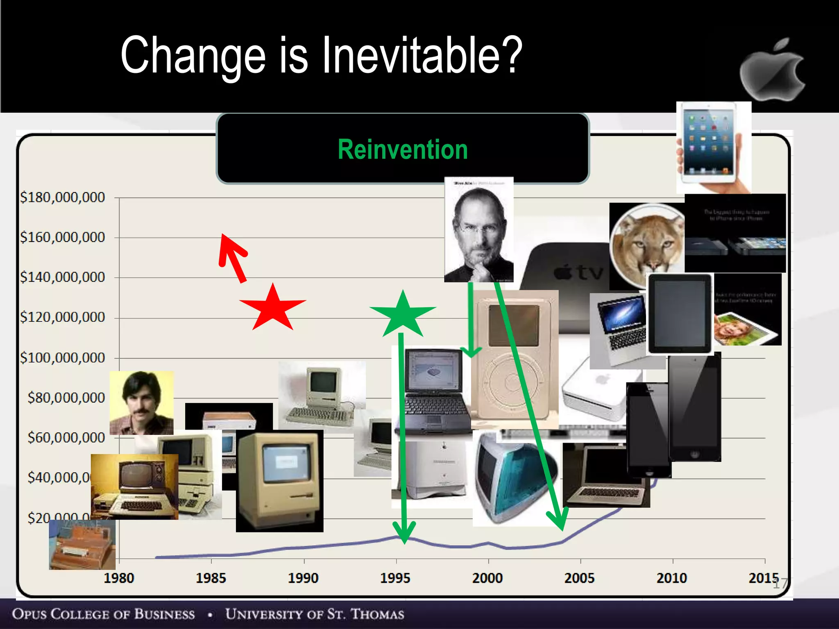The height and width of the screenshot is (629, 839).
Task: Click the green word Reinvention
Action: (403, 149)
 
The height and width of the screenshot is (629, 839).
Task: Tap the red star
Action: (272, 308)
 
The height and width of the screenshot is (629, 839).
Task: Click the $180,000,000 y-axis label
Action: (63, 197)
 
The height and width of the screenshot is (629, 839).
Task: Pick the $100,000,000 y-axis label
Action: (63, 358)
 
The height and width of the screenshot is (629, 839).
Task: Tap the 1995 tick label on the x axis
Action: (395, 578)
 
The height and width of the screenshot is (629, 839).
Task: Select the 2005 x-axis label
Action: (579, 578)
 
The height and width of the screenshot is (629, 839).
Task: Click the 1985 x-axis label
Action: (211, 578)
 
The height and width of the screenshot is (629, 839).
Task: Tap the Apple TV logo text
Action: (578, 272)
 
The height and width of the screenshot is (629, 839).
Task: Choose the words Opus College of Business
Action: (103, 614)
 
